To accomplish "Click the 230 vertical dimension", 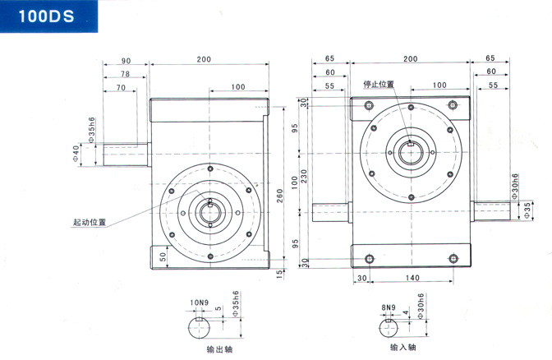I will (303, 176).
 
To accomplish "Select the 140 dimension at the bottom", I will (412, 278).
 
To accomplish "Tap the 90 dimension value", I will (126, 61).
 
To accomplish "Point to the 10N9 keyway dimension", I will (198, 302).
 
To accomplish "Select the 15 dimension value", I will (279, 272).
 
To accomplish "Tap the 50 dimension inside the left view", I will (163, 256).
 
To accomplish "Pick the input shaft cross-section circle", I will (388, 329).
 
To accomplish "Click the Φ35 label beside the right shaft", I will (527, 210).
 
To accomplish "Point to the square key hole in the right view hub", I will (412, 145).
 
